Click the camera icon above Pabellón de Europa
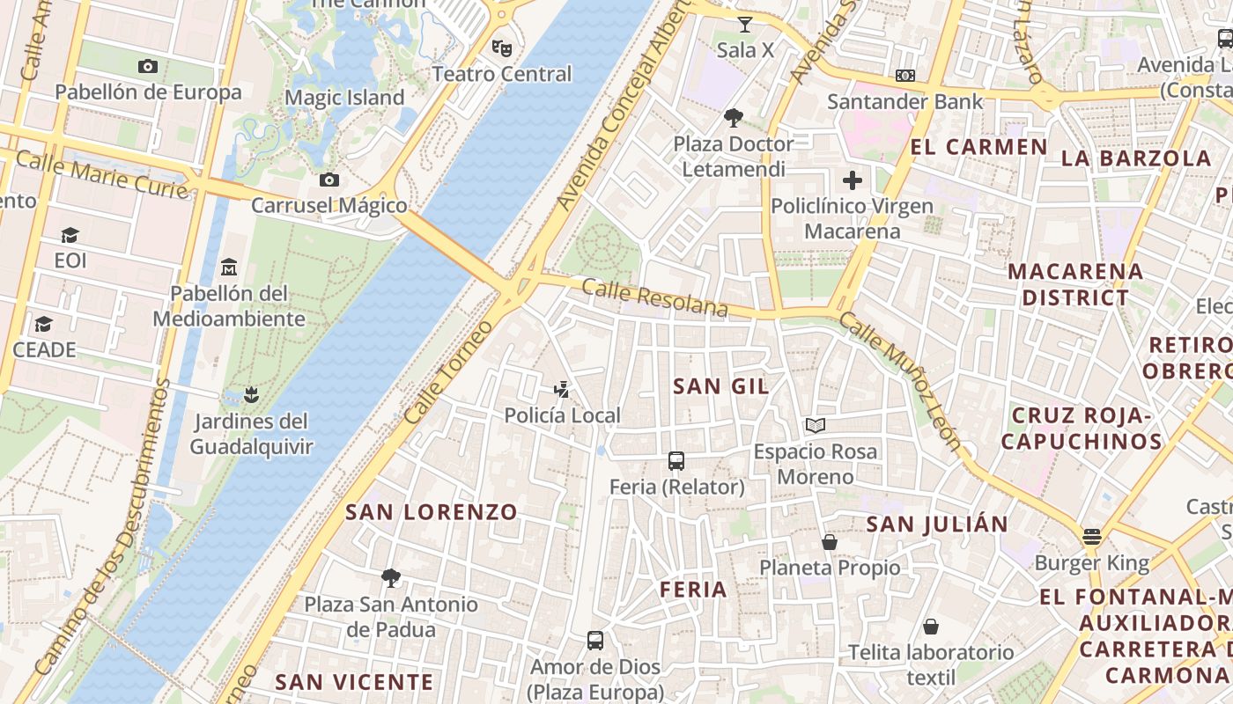(148, 66)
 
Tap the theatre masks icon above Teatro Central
(502, 48)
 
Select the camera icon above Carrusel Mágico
(329, 180)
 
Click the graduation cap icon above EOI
(70, 235)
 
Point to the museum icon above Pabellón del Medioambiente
(229, 266)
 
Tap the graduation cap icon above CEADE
(43, 324)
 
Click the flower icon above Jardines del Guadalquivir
(251, 394)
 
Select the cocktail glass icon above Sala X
(745, 25)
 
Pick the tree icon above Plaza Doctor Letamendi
(733, 118)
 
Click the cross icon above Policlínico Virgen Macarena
(852, 181)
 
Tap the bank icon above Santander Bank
(904, 77)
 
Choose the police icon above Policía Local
(562, 389)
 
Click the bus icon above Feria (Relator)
(676, 460)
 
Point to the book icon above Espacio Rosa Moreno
(816, 426)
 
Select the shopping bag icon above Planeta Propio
(830, 542)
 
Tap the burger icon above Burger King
(1092, 537)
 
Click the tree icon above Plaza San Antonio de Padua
(391, 578)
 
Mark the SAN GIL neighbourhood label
(720, 385)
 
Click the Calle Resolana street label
(654, 298)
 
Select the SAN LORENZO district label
(432, 512)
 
